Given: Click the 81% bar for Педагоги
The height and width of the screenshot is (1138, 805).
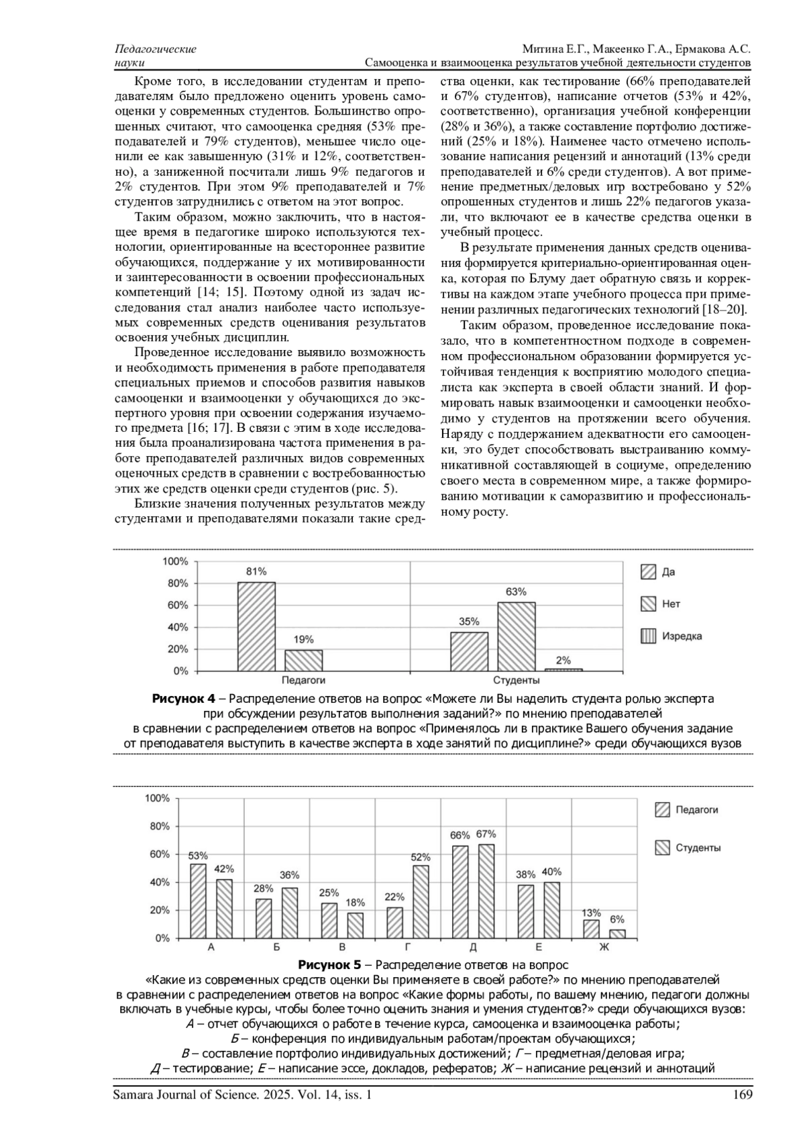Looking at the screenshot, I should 256,626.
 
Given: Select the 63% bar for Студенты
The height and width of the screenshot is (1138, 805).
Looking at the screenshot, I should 517,636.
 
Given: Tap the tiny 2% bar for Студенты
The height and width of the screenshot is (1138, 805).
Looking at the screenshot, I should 563,669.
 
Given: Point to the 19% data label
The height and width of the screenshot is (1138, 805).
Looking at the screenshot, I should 303,639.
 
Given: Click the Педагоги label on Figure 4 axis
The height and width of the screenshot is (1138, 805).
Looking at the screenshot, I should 303,680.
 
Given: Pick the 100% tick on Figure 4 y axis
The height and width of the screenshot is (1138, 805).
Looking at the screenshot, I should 176,561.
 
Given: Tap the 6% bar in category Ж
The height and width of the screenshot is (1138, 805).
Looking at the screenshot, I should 617,933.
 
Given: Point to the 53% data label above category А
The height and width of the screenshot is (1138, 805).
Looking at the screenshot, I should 198,856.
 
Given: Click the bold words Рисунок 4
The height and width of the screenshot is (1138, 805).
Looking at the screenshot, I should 183,699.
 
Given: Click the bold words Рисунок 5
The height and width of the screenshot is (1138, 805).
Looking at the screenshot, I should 329,966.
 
